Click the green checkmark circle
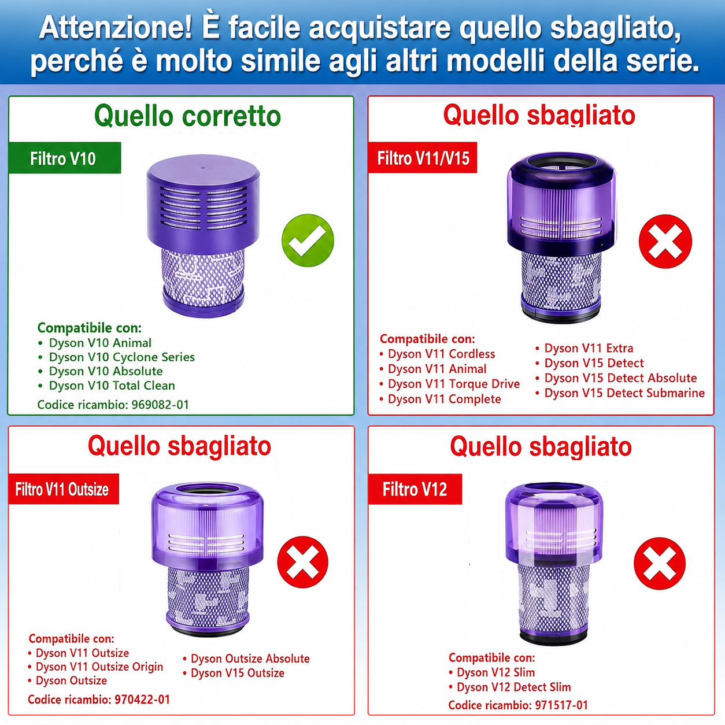click(308, 241)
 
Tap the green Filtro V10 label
click(64, 158)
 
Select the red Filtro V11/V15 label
click(423, 158)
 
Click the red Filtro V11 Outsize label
click(63, 489)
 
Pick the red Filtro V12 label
click(415, 489)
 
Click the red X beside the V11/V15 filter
click(665, 241)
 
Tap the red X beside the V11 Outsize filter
click(302, 562)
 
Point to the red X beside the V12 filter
click(660, 563)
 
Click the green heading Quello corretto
click(187, 116)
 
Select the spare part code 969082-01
click(160, 405)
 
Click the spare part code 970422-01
click(142, 700)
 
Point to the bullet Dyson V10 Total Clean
click(106, 386)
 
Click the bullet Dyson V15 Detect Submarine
click(620, 393)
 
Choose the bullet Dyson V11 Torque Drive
click(450, 384)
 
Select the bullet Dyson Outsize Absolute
click(246, 659)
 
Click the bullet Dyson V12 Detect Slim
click(510, 687)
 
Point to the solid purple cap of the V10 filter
click(203, 201)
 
